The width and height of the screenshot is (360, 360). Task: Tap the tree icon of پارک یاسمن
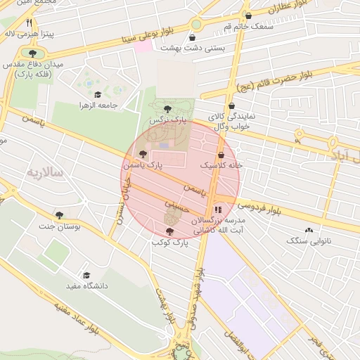click(143, 154)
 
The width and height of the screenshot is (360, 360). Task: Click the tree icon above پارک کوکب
click(169, 231)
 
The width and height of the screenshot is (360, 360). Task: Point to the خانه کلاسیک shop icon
click(221, 155)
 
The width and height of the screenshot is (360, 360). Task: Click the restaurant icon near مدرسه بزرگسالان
click(217, 209)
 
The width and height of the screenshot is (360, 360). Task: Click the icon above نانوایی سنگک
click(309, 230)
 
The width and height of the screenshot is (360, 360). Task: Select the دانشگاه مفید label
click(86, 286)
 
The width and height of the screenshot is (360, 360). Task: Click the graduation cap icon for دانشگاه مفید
click(86, 276)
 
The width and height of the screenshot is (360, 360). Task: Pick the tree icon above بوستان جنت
click(59, 215)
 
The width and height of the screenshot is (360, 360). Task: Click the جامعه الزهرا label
click(97, 105)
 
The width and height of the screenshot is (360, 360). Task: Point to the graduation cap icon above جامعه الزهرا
click(97, 95)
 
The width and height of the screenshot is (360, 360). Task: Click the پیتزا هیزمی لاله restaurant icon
click(29, 22)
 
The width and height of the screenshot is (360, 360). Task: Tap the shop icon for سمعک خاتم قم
click(248, 16)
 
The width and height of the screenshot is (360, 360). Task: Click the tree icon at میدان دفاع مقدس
click(32, 53)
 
